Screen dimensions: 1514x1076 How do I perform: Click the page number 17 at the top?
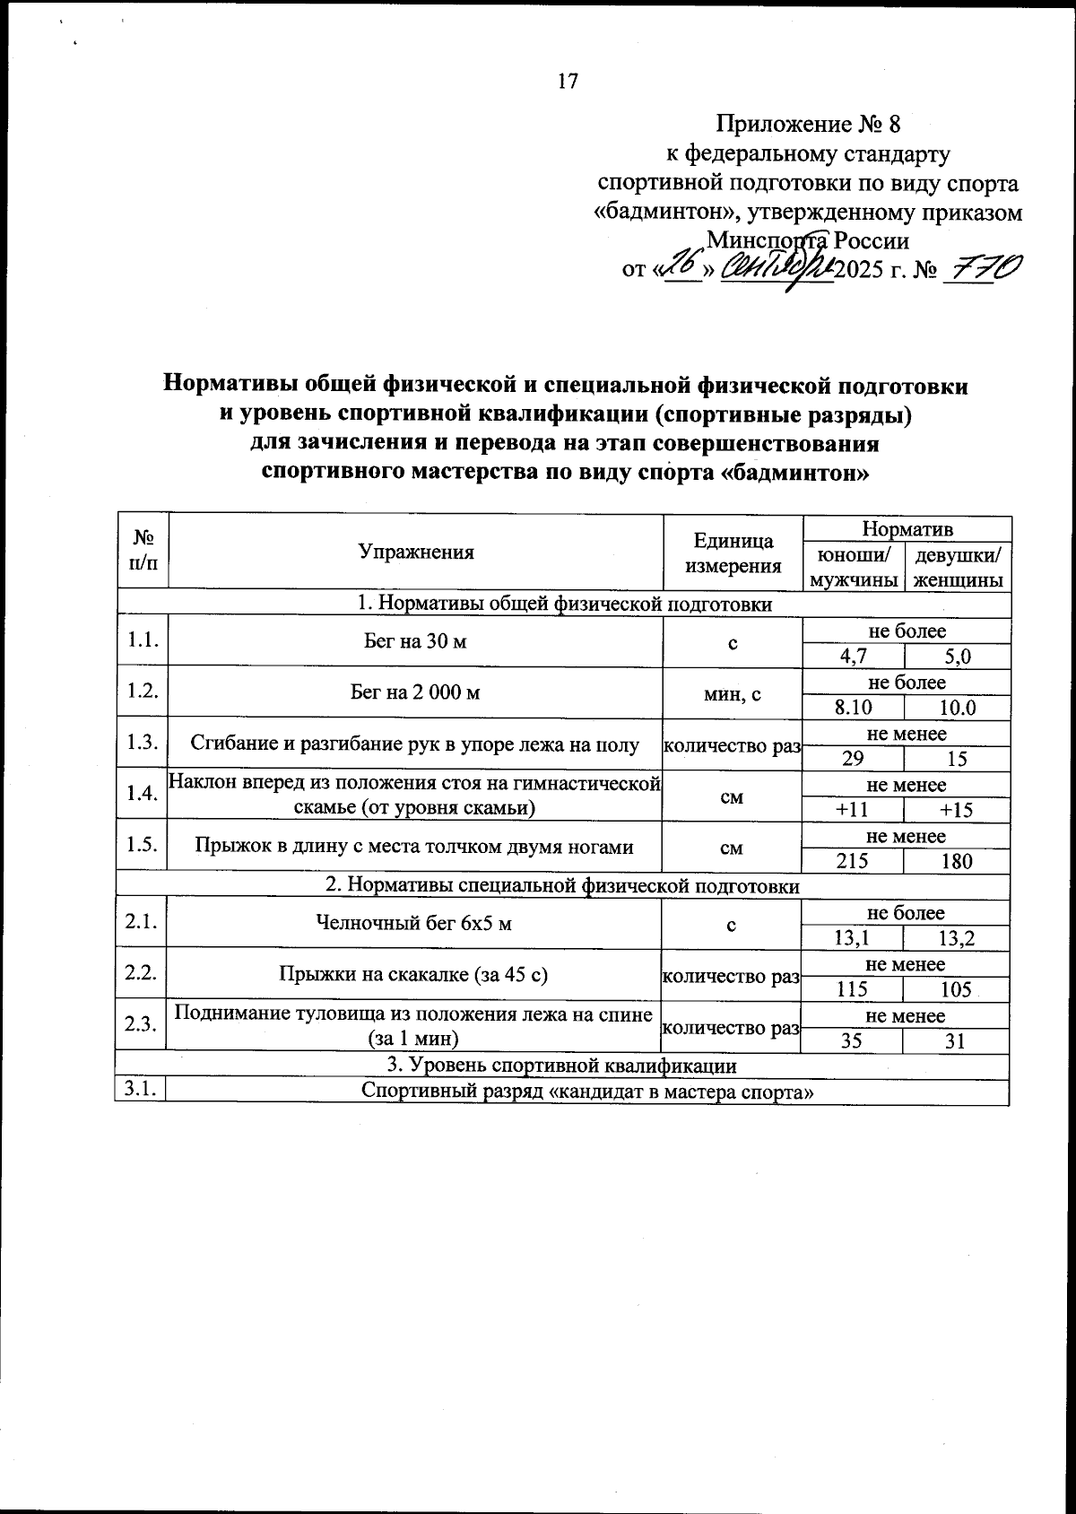pyautogui.click(x=568, y=81)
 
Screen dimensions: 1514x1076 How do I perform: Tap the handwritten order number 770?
pyautogui.click(x=982, y=267)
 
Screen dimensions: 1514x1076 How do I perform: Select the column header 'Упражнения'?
pyautogui.click(x=415, y=553)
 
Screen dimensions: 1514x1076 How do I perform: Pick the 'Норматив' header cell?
pyautogui.click(x=907, y=528)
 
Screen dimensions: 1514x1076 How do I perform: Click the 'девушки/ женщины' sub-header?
pyautogui.click(x=958, y=567)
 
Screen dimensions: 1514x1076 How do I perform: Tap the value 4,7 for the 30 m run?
pyautogui.click(x=853, y=657)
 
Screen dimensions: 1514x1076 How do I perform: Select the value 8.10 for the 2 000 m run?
pyautogui.click(x=853, y=708)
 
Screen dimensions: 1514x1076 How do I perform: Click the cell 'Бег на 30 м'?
pyautogui.click(x=415, y=642)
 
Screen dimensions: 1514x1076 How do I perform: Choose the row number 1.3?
pyautogui.click(x=143, y=742)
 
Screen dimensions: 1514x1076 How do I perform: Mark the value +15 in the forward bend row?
pyautogui.click(x=956, y=810)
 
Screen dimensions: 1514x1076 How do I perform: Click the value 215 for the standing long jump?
pyautogui.click(x=852, y=861)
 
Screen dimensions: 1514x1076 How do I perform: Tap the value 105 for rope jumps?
pyautogui.click(x=956, y=989)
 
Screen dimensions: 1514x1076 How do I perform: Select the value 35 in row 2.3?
pyautogui.click(x=852, y=1041)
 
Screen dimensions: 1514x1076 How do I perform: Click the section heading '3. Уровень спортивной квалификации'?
pyautogui.click(x=561, y=1066)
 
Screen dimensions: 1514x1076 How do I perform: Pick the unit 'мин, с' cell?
pyautogui.click(x=733, y=692)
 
